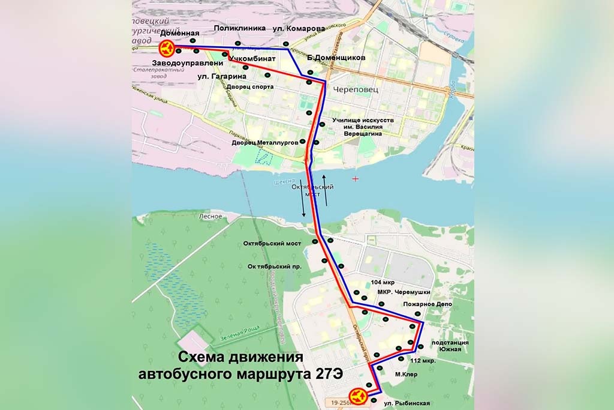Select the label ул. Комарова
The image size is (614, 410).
point(299,28)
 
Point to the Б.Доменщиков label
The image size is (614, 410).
point(336,58)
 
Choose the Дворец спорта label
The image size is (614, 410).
point(250,87)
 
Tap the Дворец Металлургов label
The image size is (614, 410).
point(264,142)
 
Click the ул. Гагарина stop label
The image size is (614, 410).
point(222,77)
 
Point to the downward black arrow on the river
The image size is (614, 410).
point(303,197)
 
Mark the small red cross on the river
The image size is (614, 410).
point(356,179)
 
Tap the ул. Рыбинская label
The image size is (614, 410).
point(407,402)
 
